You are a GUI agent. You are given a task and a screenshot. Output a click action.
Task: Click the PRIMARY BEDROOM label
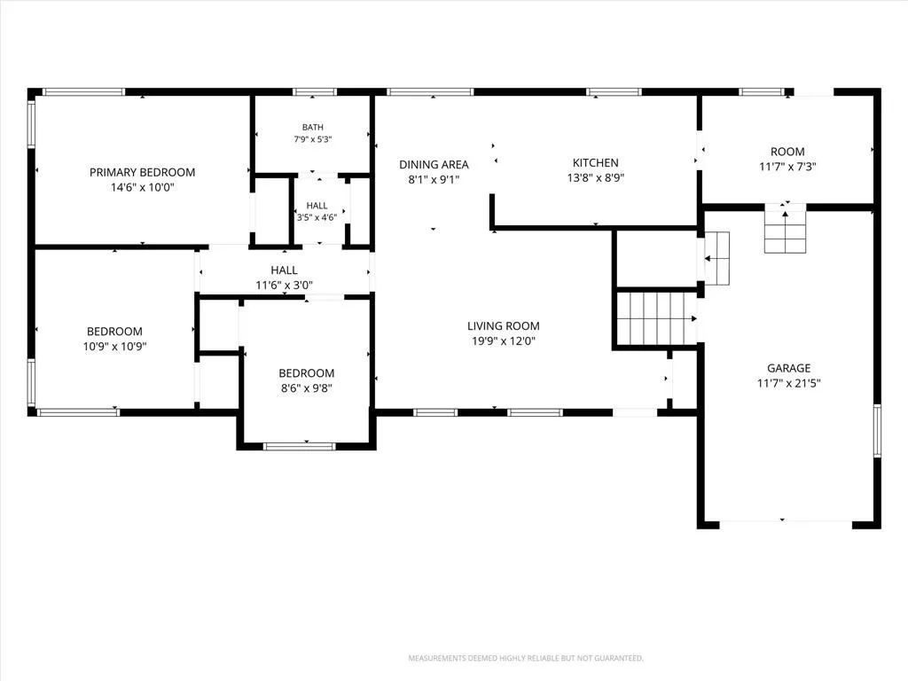click(x=142, y=172)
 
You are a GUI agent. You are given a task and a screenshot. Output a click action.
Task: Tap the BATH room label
click(x=313, y=128)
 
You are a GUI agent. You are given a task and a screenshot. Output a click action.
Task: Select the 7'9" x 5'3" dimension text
click(x=313, y=139)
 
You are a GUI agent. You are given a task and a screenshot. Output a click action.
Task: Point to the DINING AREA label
click(x=434, y=164)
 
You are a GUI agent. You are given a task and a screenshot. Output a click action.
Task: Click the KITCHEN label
click(x=595, y=163)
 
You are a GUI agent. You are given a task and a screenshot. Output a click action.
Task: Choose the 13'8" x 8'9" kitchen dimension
click(x=595, y=177)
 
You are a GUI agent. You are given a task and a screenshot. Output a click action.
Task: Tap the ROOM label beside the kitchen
click(x=787, y=152)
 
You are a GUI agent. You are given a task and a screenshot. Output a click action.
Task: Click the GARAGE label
click(x=788, y=368)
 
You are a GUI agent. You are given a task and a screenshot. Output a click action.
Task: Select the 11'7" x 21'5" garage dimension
click(x=788, y=383)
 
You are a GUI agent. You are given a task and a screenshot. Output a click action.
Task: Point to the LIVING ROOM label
click(x=504, y=326)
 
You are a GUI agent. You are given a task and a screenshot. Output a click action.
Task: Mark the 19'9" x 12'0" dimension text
click(x=504, y=341)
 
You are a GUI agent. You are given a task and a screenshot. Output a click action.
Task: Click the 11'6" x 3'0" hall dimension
click(x=285, y=285)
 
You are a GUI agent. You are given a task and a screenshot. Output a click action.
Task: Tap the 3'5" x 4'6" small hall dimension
click(x=317, y=218)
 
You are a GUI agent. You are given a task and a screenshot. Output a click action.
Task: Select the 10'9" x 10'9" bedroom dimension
click(x=114, y=347)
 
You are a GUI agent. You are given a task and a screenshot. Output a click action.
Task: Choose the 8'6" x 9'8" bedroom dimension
click(x=306, y=388)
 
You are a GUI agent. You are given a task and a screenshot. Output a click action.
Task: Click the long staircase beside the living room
click(x=657, y=318)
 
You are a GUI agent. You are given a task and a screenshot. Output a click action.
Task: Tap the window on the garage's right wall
click(x=877, y=431)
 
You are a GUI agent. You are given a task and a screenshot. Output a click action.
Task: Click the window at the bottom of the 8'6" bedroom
click(x=300, y=446)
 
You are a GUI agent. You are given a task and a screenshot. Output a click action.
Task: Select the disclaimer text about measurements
click(x=526, y=659)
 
